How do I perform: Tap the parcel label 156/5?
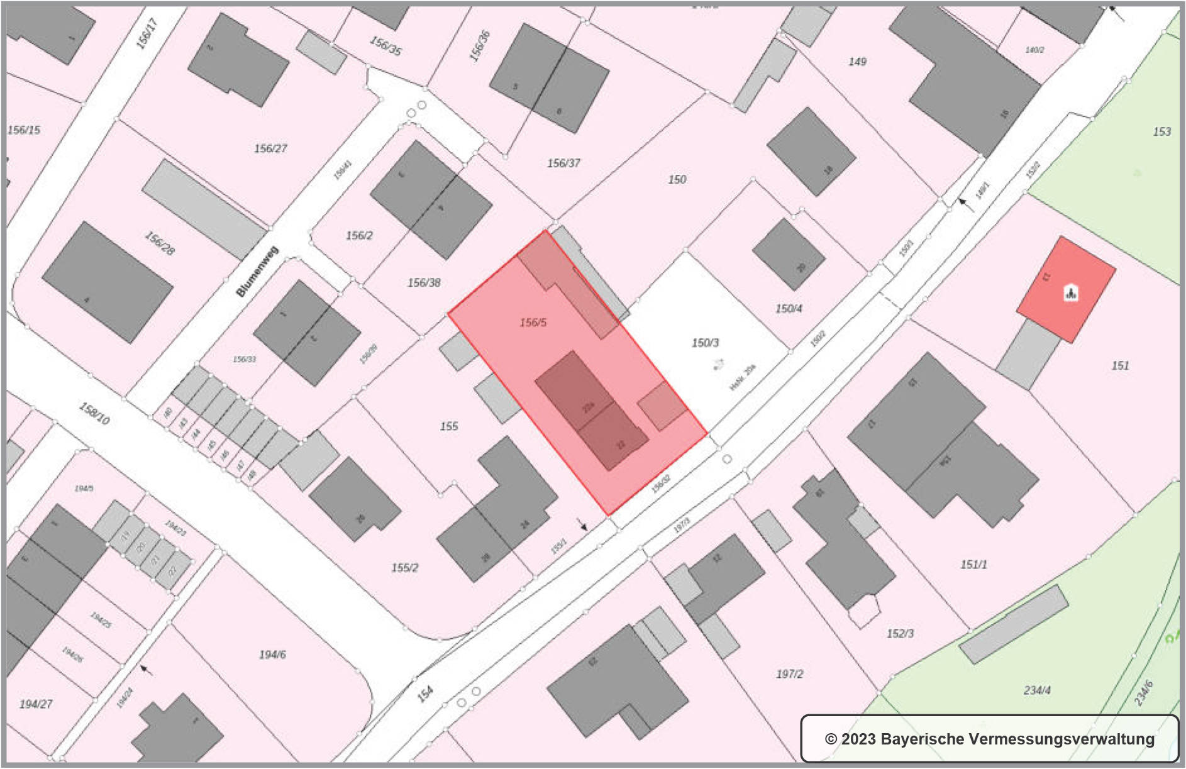533,323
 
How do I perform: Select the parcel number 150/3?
705,343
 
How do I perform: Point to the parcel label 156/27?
270,148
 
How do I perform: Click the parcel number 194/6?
272,655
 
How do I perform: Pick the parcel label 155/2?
404,568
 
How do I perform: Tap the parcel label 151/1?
973,565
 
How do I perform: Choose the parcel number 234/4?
1037,690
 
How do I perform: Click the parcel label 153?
1161,131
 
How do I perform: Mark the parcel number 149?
857,62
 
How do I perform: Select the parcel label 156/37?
563,163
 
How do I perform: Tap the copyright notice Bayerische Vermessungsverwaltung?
990,739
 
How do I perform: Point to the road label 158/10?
94,413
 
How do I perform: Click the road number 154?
426,694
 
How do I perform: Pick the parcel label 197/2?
789,674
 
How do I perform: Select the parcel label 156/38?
424,283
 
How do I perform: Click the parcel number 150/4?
789,309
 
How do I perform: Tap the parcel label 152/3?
900,634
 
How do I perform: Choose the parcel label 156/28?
160,243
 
